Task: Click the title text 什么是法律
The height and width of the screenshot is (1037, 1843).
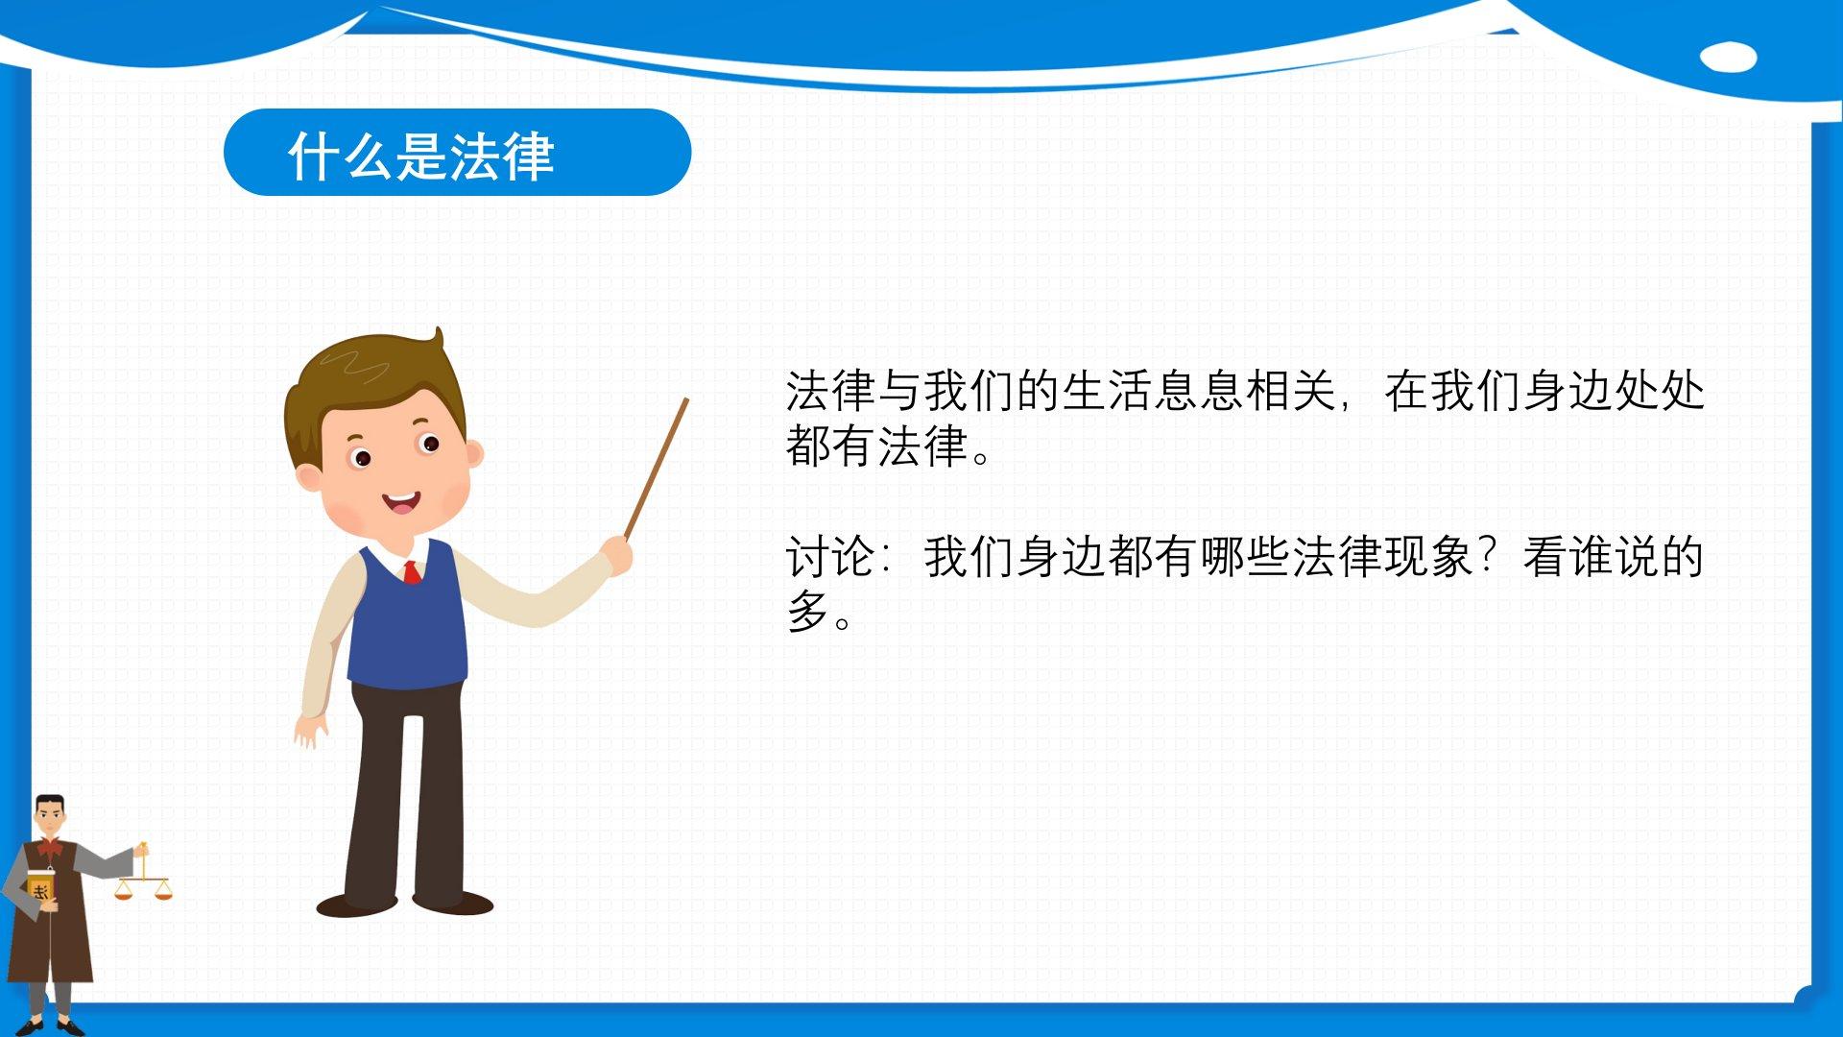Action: [x=420, y=156]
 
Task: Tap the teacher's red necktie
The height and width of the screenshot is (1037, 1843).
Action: [x=412, y=572]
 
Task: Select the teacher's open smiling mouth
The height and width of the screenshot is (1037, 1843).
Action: [x=401, y=501]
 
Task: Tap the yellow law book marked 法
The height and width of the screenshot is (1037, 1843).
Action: [x=40, y=889]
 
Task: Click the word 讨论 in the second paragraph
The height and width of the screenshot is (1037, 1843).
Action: [x=830, y=557]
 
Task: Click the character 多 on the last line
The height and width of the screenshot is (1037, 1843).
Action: [x=808, y=612]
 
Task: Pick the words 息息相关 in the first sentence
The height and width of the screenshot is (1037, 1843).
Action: [x=1244, y=391]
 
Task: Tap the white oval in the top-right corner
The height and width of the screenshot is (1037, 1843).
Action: [x=1728, y=57]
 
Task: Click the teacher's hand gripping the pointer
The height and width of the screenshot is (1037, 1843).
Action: [x=618, y=555]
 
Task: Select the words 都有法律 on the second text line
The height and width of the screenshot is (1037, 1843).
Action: [x=876, y=446]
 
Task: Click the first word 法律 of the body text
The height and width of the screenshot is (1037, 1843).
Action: [x=830, y=391]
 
